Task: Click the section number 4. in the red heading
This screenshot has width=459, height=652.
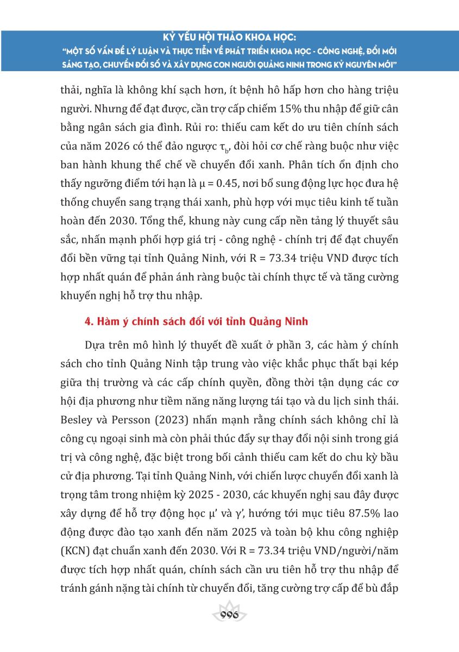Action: coord(89,322)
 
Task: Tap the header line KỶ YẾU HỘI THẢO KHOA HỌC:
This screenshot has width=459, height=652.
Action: coord(229,39)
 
